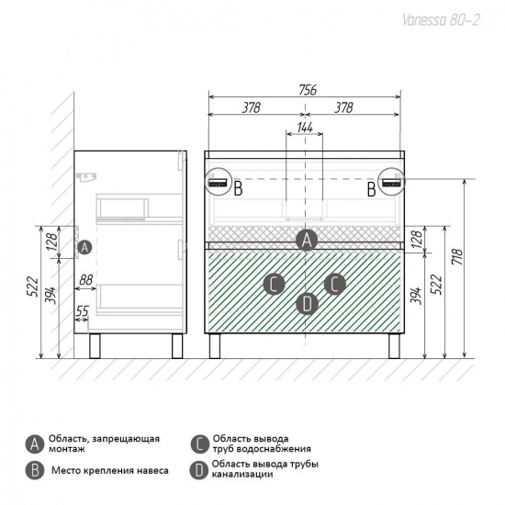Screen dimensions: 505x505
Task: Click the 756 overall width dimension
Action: [x=308, y=90]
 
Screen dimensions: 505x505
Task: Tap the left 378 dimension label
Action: [x=252, y=108]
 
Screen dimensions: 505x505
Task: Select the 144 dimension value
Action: [x=305, y=128]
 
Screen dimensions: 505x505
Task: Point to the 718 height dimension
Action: [x=457, y=256]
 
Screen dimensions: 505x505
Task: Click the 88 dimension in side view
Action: [x=85, y=279]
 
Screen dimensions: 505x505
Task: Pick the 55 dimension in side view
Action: [x=82, y=311]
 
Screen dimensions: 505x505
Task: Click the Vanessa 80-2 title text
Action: [x=442, y=20]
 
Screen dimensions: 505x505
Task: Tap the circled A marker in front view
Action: [x=307, y=240]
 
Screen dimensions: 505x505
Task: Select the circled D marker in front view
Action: [x=307, y=304]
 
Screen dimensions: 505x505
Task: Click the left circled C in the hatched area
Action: [x=275, y=285]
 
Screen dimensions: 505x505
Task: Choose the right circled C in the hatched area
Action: [x=334, y=284]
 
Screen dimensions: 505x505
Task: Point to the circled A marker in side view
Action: [x=84, y=247]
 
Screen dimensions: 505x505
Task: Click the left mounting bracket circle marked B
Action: [x=219, y=181]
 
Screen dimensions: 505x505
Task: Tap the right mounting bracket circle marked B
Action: [x=392, y=181]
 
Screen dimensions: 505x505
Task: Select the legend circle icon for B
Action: [x=35, y=470]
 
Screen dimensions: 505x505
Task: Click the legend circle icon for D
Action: [x=199, y=470]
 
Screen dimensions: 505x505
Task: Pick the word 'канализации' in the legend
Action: [x=242, y=474]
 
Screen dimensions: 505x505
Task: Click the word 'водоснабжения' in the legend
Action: [x=276, y=449]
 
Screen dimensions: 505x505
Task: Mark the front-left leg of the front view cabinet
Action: [x=215, y=346]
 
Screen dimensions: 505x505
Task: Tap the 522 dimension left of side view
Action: [x=32, y=286]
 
